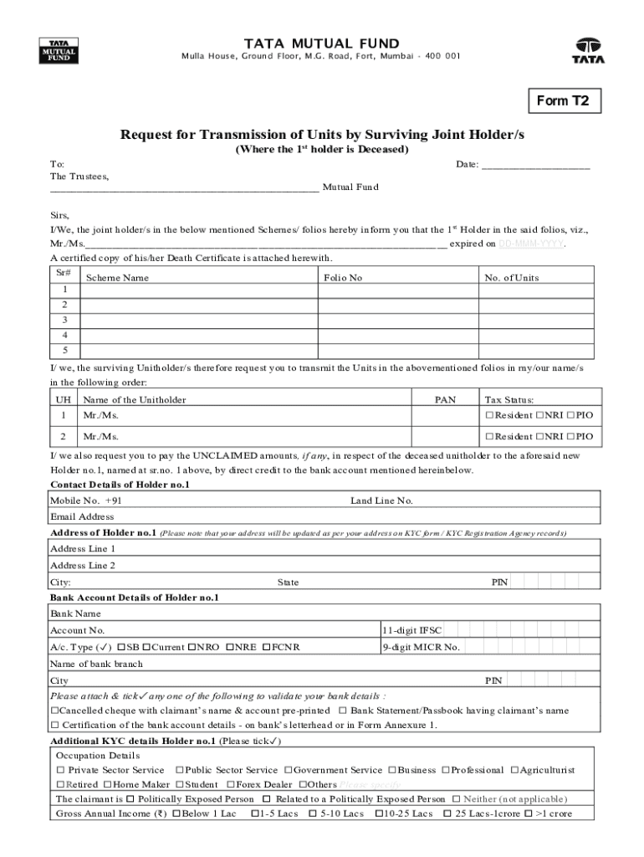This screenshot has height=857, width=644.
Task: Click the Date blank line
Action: [x=536, y=165]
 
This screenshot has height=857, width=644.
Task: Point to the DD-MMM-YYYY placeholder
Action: [x=531, y=244]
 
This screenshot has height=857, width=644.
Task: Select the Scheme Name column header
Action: [x=118, y=278]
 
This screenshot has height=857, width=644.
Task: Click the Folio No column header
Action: [x=343, y=278]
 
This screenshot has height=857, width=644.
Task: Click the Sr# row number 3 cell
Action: [x=64, y=320]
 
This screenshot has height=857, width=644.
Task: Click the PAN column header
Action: [x=445, y=400]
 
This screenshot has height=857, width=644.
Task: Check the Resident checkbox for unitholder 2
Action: [x=489, y=437]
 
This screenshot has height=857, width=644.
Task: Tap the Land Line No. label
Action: [x=381, y=500]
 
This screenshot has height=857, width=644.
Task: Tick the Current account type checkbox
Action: [x=147, y=647]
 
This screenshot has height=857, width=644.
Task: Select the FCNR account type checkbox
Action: [x=267, y=647]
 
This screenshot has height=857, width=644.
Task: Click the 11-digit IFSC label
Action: [x=412, y=629]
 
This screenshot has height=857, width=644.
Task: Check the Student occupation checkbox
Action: [x=179, y=784]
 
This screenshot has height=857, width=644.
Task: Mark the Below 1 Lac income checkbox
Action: [x=176, y=813]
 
